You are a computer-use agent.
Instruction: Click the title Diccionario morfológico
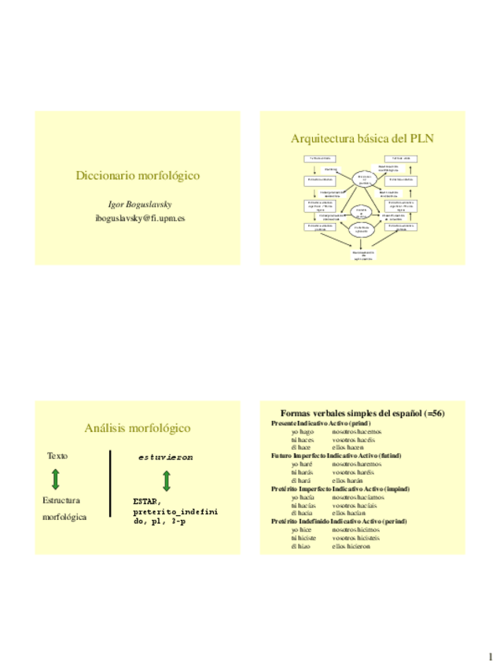[137, 175]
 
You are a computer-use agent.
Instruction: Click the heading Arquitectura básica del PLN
[362, 138]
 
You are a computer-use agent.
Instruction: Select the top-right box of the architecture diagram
[401, 159]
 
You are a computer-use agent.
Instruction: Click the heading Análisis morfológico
[138, 428]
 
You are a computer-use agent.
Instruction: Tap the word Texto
[57, 456]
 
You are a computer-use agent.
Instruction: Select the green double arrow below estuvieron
[167, 480]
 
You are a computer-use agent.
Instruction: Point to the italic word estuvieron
[166, 456]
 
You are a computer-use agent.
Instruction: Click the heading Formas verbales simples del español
[362, 413]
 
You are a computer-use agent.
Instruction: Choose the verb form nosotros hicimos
[356, 529]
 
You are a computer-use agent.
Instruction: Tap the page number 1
[488, 655]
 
